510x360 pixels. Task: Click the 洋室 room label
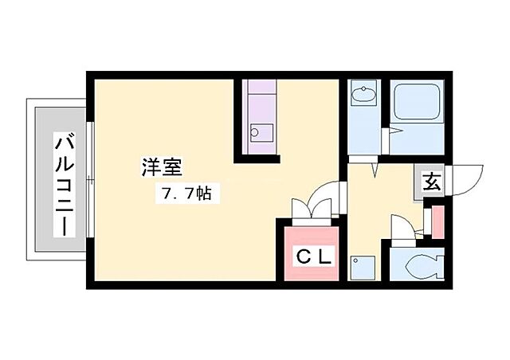click(x=163, y=167)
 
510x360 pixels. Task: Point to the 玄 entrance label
click(x=431, y=182)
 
